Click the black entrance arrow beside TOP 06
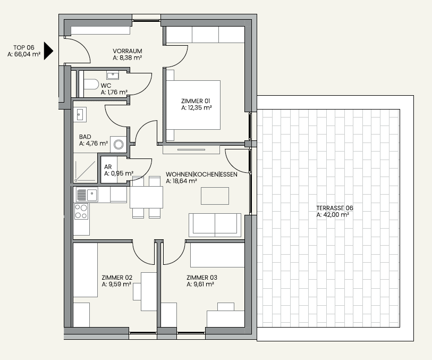pos(48,51)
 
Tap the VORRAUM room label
pos(128,51)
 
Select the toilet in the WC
pos(91,85)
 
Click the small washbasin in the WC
pos(113,75)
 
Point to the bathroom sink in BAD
pos(80,114)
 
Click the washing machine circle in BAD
pos(118,144)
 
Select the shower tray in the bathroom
pos(85,171)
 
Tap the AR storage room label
pos(108,167)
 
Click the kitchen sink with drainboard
pos(87,195)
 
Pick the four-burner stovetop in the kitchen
pos(81,212)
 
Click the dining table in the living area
pos(146,197)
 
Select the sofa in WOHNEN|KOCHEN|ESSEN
pos(215,225)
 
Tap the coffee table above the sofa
pos(215,196)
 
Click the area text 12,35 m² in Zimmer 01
pos(197,108)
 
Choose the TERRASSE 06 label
pos(334,208)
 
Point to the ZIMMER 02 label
pos(117,278)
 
